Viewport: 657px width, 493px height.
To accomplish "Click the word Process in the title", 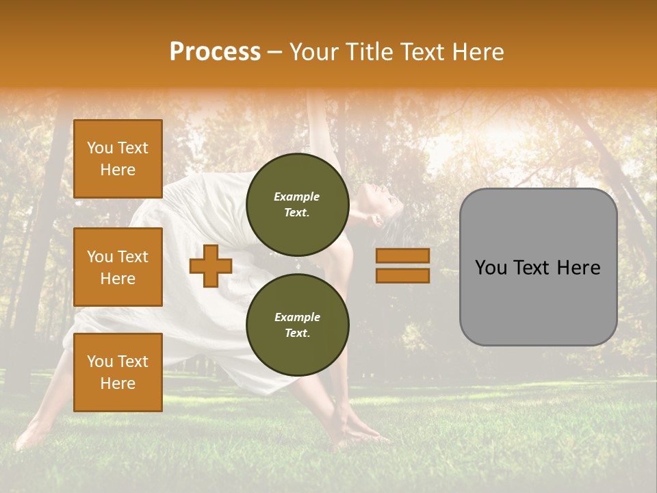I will pos(215,52).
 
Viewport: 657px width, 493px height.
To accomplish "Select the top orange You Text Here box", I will pos(118,159).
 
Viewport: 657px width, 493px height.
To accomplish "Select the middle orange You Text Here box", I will pos(118,267).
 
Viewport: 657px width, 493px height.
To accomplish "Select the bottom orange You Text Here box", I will pos(118,372).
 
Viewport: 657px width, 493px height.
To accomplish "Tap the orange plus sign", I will pos(210,266).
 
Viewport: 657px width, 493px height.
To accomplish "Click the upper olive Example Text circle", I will pos(297,205).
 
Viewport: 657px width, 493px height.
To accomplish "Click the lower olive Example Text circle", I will pos(297,325).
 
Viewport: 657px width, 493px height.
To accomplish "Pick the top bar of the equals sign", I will pos(402,256).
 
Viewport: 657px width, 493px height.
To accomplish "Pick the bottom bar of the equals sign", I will pos(402,275).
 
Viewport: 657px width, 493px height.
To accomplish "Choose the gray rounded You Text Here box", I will pos(538,267).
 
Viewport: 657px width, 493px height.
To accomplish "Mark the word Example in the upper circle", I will pos(297,197).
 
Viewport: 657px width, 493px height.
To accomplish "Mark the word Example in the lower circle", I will pos(297,317).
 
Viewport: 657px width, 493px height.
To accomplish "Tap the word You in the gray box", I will pos(491,268).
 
